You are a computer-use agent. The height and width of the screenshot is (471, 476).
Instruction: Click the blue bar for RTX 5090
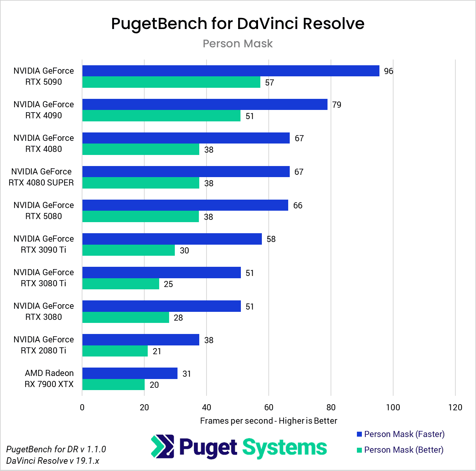[x=231, y=71]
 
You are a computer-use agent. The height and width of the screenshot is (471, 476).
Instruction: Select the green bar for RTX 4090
[x=161, y=116]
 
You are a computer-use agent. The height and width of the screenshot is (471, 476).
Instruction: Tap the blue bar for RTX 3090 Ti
[x=172, y=239]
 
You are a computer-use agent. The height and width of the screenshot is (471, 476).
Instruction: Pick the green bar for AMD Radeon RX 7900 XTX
[x=113, y=385]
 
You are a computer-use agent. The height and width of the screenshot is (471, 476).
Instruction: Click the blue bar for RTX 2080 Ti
[x=140, y=340]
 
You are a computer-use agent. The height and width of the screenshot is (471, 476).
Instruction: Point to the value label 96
[x=388, y=71]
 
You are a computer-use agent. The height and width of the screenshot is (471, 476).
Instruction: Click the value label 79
[x=337, y=105]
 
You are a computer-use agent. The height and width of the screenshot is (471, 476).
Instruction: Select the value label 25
[x=168, y=284]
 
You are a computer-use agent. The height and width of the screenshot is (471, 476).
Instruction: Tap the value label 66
[x=298, y=206]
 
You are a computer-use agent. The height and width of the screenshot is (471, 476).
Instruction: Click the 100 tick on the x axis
[x=393, y=408]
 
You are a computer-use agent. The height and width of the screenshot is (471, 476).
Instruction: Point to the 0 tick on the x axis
[x=82, y=408]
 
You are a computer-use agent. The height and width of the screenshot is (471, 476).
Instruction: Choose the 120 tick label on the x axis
[x=455, y=408]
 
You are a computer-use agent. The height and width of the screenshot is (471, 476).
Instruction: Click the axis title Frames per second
[x=268, y=421]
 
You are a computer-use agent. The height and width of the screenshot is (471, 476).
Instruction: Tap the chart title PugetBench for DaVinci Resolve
[x=237, y=24]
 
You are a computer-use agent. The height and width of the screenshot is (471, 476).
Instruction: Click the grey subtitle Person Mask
[x=237, y=44]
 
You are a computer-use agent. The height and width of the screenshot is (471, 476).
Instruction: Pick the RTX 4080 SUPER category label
[x=41, y=177]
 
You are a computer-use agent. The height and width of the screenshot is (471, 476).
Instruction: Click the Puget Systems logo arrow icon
[x=162, y=447]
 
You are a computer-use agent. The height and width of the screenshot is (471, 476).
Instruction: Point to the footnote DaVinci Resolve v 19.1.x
[x=53, y=461]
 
